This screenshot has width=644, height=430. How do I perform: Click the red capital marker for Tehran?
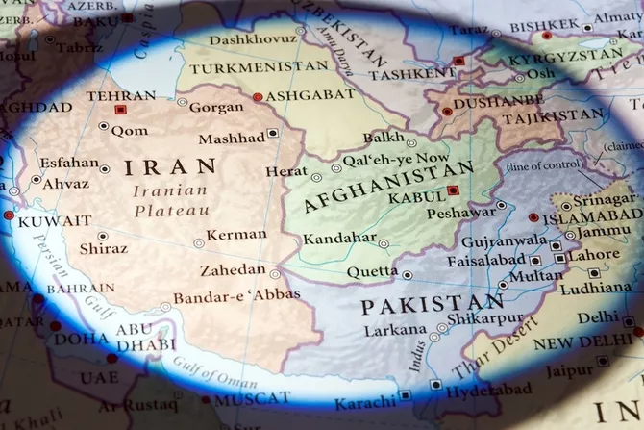pyautogui.click(x=120, y=111)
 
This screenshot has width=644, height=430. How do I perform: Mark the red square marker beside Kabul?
pyautogui.click(x=453, y=190)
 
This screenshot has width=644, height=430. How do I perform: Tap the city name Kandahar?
pyautogui.click(x=339, y=239)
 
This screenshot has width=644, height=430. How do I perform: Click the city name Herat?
pyautogui.click(x=286, y=171)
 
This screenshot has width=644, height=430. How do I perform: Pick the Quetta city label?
pyautogui.click(x=372, y=272)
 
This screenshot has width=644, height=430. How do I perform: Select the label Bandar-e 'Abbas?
pyautogui.click(x=236, y=294)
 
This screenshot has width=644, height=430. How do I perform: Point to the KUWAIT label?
pyautogui.click(x=56, y=221)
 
